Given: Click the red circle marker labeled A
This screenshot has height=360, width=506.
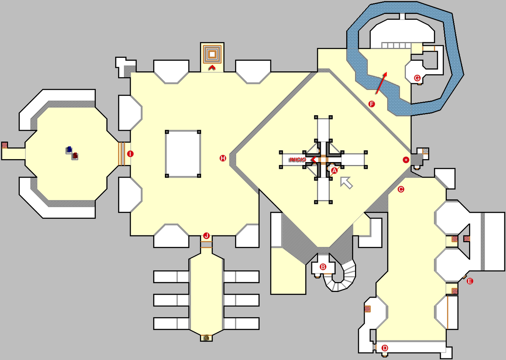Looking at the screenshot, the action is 334,171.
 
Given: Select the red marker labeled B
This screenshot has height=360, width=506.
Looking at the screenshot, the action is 323,267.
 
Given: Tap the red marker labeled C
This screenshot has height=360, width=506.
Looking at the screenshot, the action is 401,189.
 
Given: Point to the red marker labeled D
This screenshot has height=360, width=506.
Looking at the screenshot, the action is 385,348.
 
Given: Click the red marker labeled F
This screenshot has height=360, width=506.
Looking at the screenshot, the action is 371,104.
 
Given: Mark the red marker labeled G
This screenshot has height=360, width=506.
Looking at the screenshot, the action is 417,78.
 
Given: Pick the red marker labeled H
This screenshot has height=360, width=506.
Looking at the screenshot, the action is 223,158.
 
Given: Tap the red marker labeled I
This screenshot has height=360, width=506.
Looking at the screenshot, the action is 130,154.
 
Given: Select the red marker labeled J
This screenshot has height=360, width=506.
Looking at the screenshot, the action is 206,235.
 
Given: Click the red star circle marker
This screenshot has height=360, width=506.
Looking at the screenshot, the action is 406,160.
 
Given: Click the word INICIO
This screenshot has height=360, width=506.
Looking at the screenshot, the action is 298,160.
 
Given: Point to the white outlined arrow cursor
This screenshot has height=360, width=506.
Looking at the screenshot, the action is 347,181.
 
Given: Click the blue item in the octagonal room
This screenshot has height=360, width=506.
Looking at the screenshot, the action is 69,149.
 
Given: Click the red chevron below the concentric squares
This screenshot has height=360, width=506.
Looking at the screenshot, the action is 212,67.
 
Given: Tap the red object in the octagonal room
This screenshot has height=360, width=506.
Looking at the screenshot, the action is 75,156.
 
